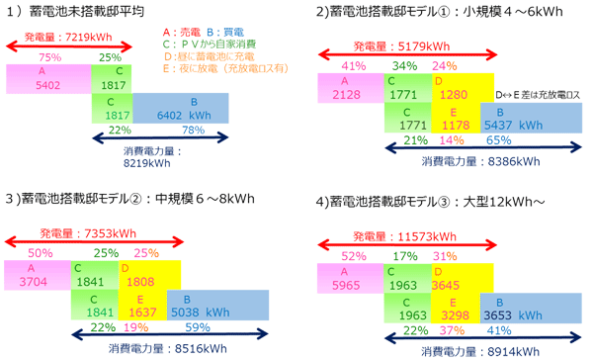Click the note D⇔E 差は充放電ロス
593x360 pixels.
[537, 92]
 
